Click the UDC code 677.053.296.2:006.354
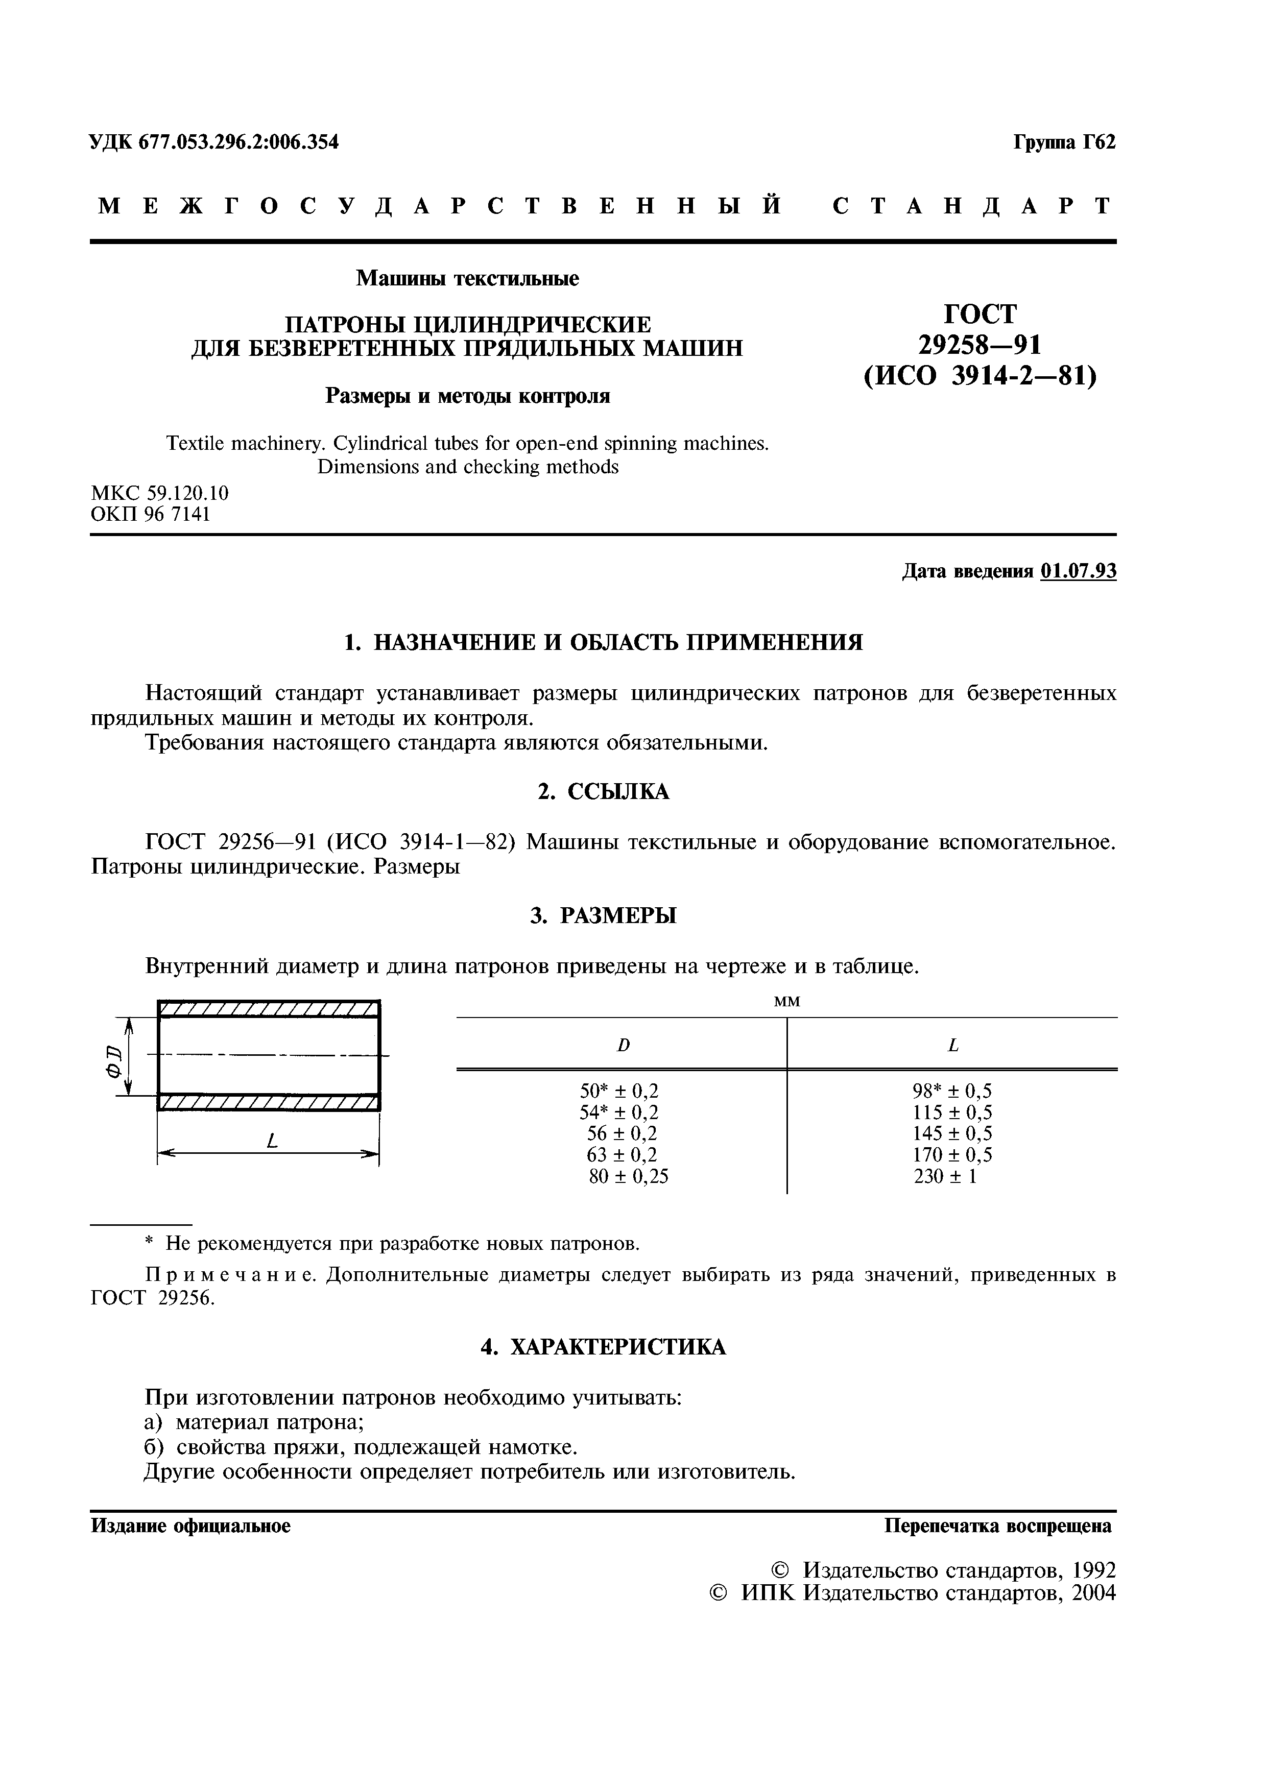238,142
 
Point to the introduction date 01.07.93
1078,572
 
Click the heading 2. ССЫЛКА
603,792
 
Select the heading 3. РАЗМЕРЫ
603,916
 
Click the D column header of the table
623,1045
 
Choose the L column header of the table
952,1045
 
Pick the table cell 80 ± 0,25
629,1176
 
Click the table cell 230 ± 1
945,1176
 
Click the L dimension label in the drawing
272,1141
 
